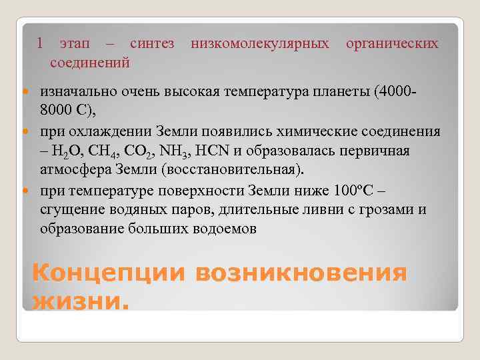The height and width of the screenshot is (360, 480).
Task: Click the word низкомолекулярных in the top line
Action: pos(260,44)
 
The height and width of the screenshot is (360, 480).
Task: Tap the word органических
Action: pos(392,44)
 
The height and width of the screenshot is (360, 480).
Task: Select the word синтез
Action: pos(152,44)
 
